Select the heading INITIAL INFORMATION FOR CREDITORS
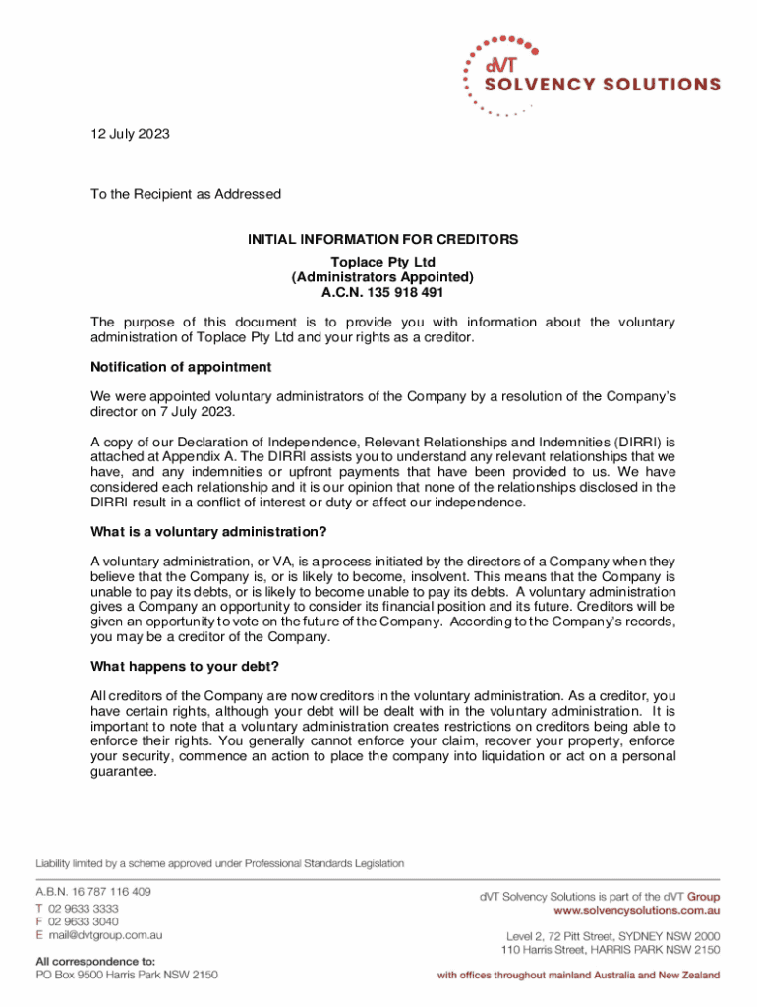coord(382,239)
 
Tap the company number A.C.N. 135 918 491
coord(382,292)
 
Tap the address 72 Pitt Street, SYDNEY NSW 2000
coord(629,936)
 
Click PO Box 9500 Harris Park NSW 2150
coord(127,975)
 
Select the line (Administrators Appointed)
coord(382,277)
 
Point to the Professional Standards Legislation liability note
coord(220,863)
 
